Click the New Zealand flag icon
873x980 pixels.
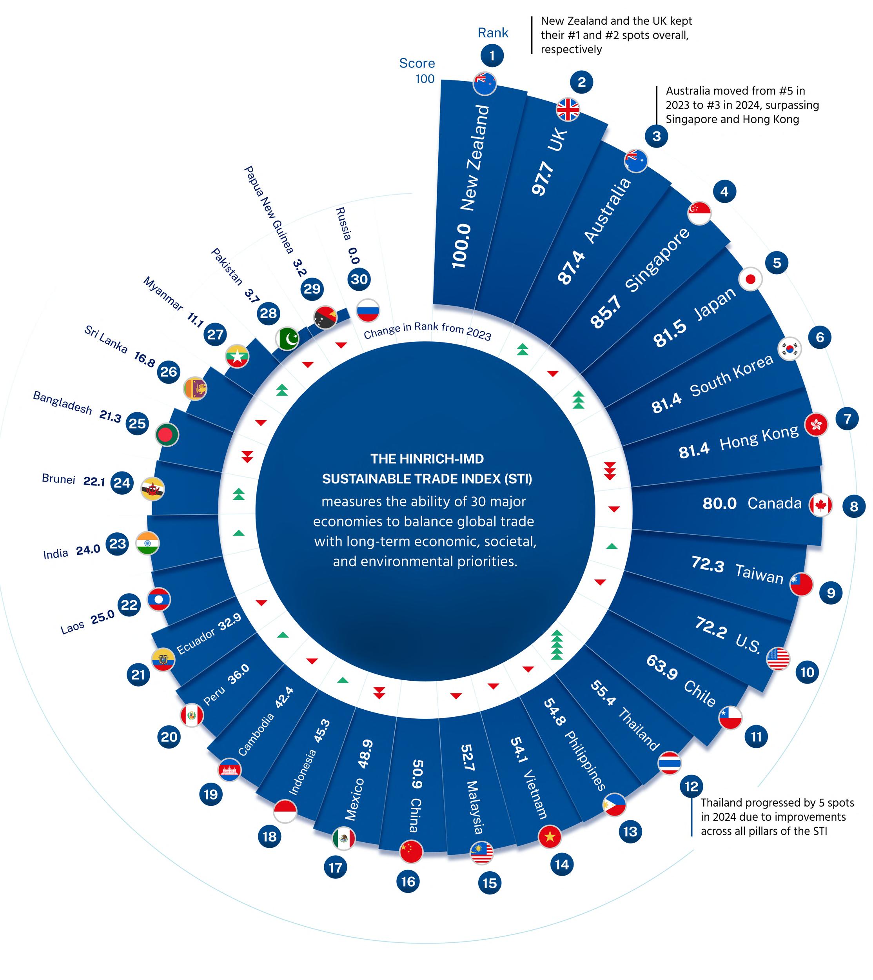point(485,84)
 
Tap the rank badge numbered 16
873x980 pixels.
point(408,881)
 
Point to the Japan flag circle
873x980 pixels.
point(750,279)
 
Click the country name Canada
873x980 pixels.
point(774,503)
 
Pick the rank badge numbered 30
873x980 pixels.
point(359,279)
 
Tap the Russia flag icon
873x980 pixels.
point(368,310)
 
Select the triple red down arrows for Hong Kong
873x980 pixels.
point(609,471)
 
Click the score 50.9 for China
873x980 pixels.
point(417,774)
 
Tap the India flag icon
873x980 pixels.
point(147,543)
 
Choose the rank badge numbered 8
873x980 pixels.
point(854,506)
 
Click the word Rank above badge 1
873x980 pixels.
point(493,33)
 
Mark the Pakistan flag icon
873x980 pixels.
point(287,339)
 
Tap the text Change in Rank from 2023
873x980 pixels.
point(427,331)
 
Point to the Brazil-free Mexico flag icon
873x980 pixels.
point(344,839)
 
